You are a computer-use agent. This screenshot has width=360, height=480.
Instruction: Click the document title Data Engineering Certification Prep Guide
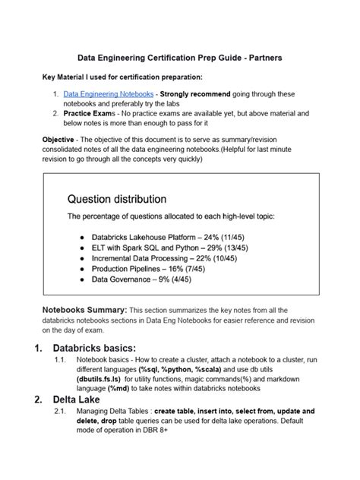(x=179, y=57)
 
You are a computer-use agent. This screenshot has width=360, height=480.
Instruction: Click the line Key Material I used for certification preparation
(x=122, y=77)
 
